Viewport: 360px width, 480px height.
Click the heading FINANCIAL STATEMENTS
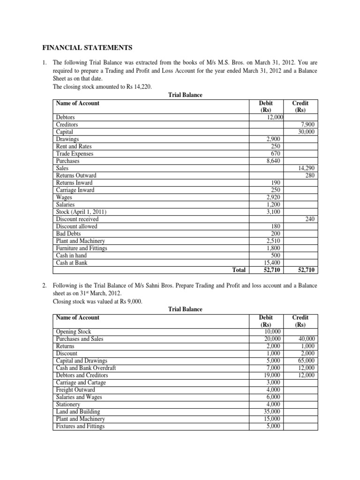tap(88, 47)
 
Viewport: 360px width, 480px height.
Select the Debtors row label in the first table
tap(65, 117)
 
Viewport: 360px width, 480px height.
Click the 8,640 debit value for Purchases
tap(273, 161)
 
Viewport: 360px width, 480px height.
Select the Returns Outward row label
tap(76, 175)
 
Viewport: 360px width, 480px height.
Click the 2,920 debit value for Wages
tap(273, 197)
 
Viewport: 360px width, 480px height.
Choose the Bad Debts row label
tap(68, 233)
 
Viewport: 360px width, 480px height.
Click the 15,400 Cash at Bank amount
tap(272, 262)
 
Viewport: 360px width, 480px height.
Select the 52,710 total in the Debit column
tap(271, 270)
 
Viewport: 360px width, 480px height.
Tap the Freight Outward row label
tap(75, 390)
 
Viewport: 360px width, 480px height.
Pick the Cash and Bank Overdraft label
tap(86, 368)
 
